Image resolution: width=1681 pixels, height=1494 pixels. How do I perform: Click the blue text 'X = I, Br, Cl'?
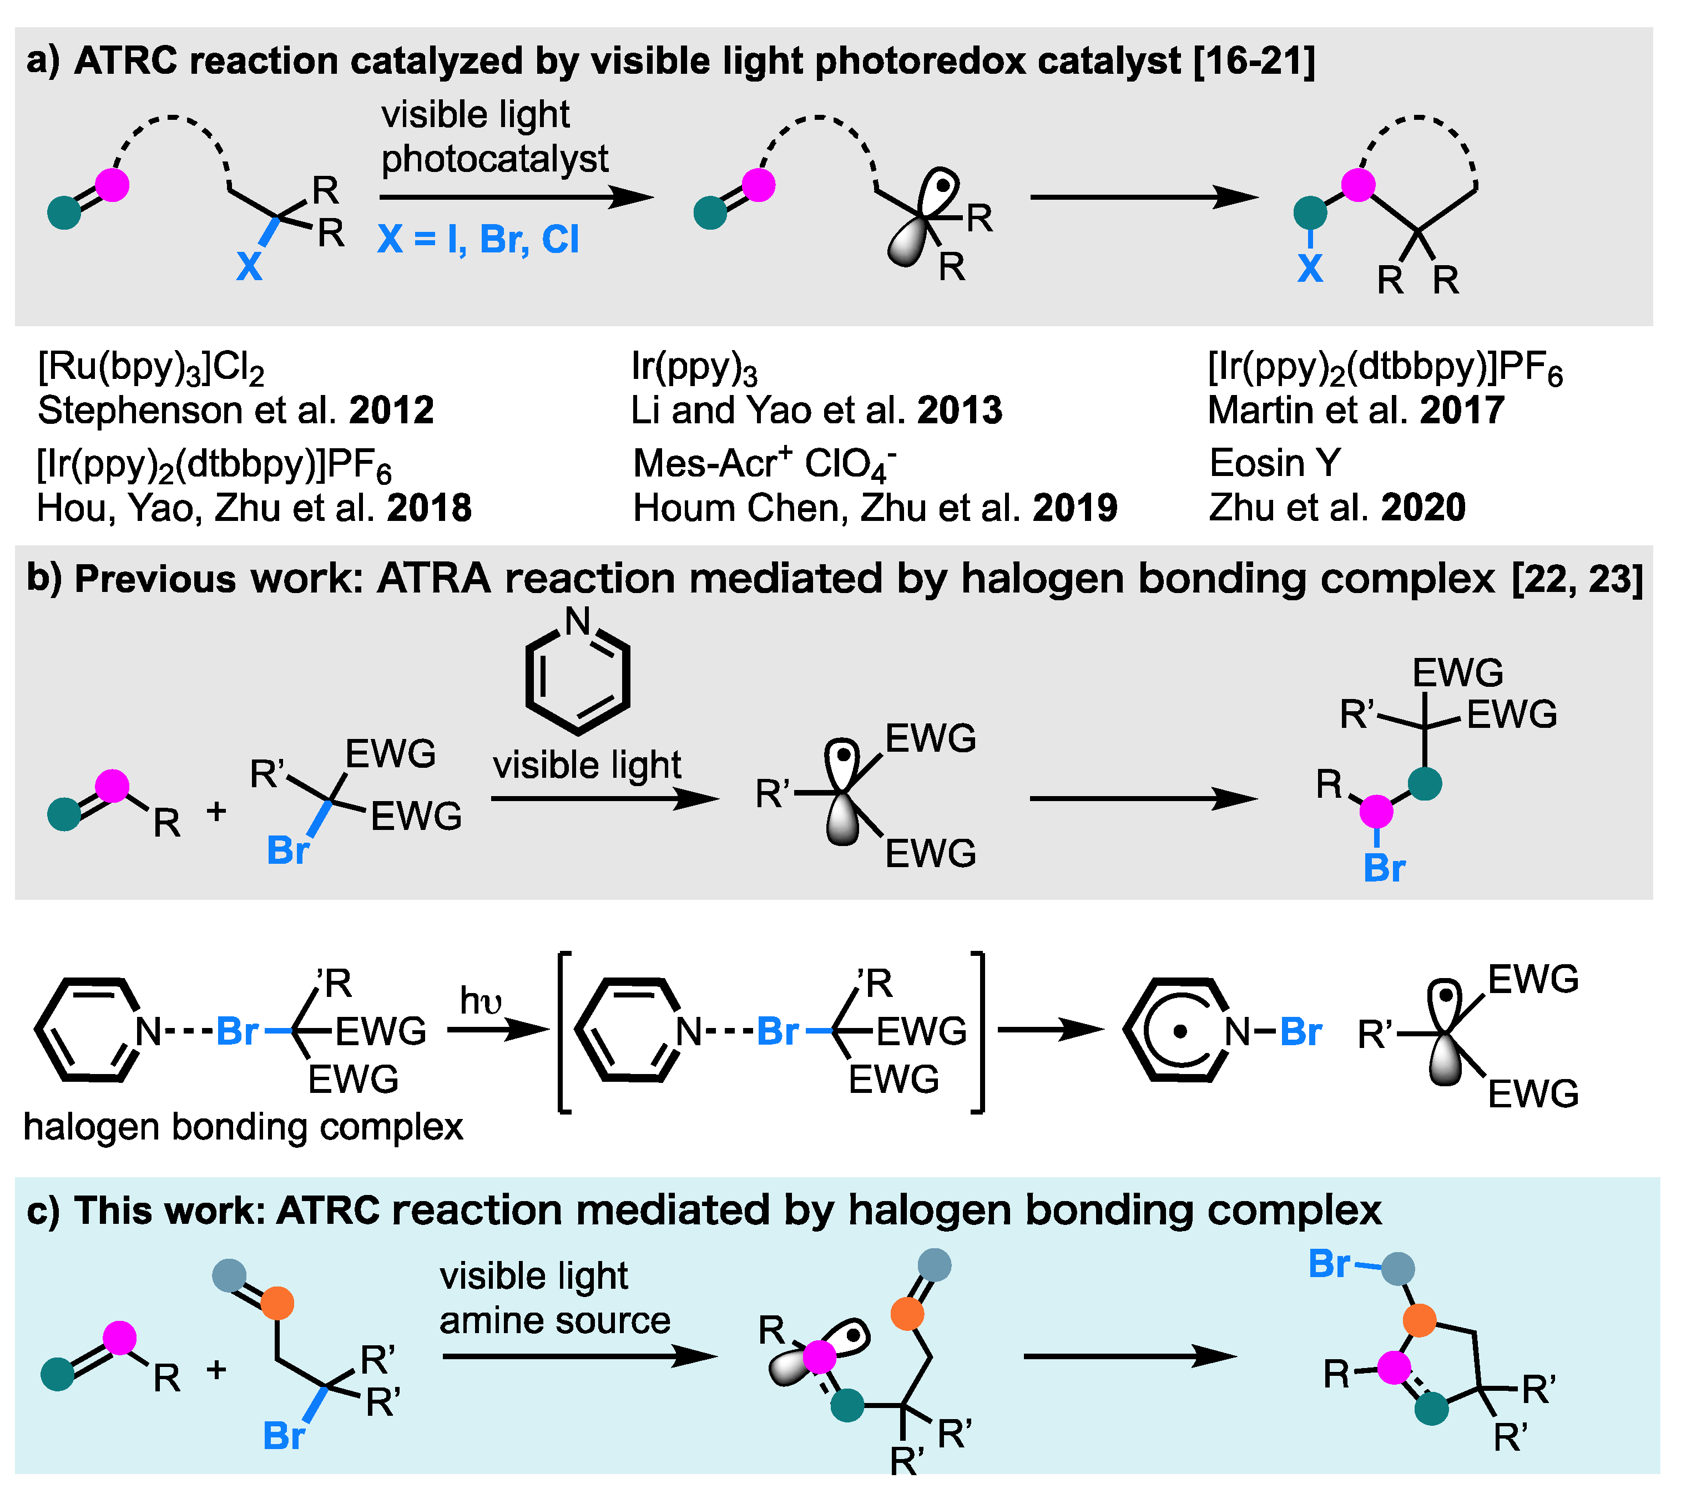click(x=478, y=240)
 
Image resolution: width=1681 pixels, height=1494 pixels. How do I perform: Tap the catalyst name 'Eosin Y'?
click(x=1275, y=463)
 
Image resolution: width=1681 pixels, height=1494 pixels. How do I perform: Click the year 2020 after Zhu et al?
click(x=1423, y=507)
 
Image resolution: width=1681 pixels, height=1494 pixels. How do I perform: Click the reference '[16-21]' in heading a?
click(x=1254, y=62)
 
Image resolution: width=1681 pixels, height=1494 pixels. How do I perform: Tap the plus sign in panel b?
click(x=216, y=812)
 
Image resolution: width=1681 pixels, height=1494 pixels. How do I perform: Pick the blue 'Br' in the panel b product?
click(x=1384, y=868)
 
